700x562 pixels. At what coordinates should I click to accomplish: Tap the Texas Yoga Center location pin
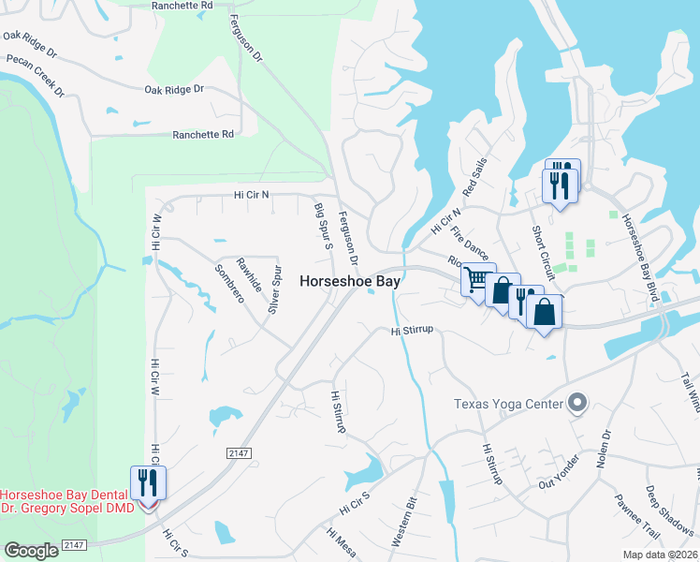(577, 404)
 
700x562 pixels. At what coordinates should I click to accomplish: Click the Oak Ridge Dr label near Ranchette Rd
(174, 90)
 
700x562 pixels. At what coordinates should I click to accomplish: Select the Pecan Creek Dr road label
(35, 76)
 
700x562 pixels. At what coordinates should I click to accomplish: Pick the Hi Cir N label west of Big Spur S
(251, 195)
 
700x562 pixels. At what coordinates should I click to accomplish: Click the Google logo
(31, 551)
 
